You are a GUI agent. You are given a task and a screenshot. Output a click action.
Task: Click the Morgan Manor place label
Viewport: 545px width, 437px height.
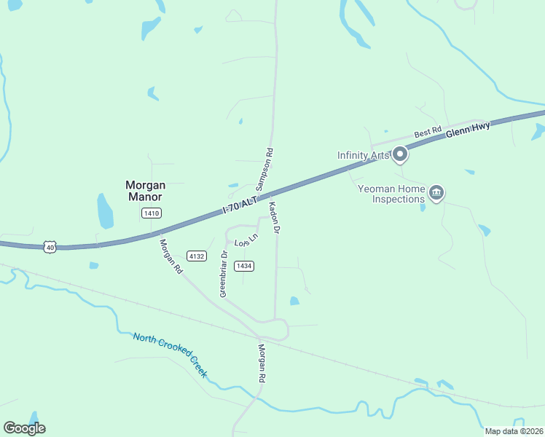coord(144,191)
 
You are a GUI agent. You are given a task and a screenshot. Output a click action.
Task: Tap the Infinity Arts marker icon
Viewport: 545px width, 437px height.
coord(399,154)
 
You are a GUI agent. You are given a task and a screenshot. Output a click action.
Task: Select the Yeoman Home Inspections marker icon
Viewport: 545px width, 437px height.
coord(436,193)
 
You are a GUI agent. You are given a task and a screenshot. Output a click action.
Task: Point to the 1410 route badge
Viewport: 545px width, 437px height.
coord(152,213)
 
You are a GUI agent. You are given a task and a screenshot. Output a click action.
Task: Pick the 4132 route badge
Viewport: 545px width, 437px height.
coord(196,256)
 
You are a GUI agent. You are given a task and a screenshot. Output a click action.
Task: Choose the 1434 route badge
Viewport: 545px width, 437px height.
coord(244,266)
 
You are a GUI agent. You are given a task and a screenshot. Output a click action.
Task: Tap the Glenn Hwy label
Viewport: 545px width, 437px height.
coord(468,130)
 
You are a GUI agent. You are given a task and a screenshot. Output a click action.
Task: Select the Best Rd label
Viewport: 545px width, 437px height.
coord(428,133)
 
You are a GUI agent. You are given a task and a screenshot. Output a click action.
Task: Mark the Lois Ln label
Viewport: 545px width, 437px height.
coord(246,240)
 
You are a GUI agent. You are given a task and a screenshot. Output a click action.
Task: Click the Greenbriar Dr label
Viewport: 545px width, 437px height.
coord(224,273)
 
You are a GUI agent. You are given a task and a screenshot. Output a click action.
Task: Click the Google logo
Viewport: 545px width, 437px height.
coord(24,428)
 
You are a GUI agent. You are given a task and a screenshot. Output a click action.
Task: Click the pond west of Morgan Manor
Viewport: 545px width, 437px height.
coord(106,211)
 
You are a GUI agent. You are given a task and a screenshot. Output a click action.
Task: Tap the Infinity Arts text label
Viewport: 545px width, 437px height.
coord(363,154)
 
